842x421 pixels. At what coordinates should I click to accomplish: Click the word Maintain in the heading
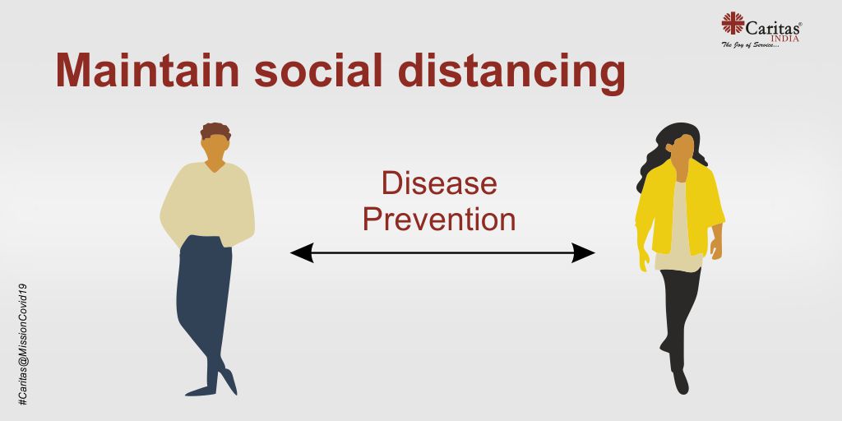coord(148,71)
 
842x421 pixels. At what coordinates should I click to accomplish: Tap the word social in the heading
coord(318,71)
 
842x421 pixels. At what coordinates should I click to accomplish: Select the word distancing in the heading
coord(511,74)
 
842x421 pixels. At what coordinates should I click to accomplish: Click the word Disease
coord(439,183)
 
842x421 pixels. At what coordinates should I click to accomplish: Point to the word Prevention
coord(439,219)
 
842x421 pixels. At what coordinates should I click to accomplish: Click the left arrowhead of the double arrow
coord(302,252)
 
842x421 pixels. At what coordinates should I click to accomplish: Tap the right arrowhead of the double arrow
coord(583,252)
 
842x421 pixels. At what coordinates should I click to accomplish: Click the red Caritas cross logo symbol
coord(733,23)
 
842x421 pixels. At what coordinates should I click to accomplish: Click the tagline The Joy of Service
coord(750,45)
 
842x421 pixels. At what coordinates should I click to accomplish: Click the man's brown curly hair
coord(215,131)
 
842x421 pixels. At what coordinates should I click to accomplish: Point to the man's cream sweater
coord(208,204)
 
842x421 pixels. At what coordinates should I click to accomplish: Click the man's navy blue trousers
coord(205,301)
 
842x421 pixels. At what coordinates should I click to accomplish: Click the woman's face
coord(683,151)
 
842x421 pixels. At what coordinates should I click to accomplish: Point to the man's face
coord(216,148)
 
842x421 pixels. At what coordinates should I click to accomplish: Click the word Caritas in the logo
coord(772,27)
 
